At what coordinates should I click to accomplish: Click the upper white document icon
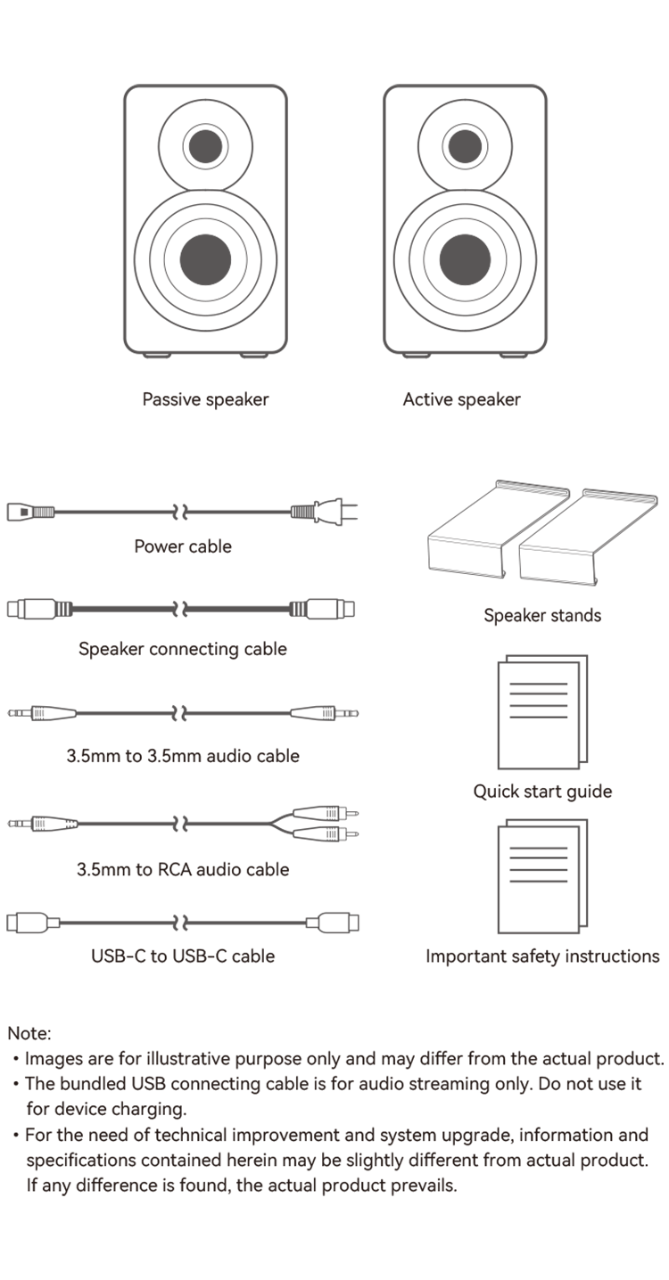[x=538, y=715]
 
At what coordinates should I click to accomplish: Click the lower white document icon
[x=538, y=879]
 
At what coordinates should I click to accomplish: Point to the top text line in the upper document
[x=538, y=684]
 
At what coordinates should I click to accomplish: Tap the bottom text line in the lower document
[x=538, y=881]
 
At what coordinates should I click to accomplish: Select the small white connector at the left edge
[x=16, y=609]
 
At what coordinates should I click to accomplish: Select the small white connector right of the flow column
[x=346, y=609]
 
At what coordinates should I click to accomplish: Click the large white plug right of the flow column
[x=340, y=923]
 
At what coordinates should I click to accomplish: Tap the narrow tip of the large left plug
[x=54, y=923]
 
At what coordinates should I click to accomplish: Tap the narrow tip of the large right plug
[x=313, y=923]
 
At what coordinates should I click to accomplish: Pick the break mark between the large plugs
[x=182, y=921]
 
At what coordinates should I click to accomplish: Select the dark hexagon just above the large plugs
[x=182, y=871]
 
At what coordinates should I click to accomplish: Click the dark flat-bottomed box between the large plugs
[x=182, y=963]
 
